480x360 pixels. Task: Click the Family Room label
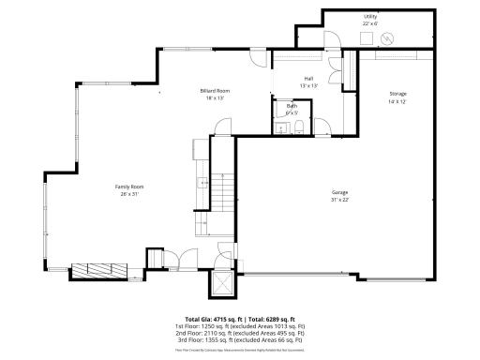(x=129, y=187)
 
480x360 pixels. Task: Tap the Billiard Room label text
(x=215, y=90)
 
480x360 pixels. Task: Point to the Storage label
(x=398, y=93)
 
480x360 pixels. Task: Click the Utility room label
(x=370, y=17)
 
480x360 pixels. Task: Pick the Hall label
(x=308, y=79)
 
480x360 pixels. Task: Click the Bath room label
(x=292, y=106)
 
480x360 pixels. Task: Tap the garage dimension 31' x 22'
(x=339, y=199)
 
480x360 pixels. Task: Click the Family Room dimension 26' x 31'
(x=129, y=194)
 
